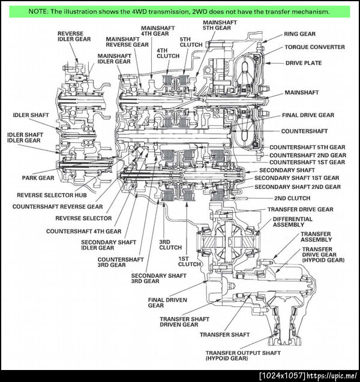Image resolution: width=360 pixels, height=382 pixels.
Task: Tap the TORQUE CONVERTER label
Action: (x=314, y=47)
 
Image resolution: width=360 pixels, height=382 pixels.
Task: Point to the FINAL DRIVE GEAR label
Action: (x=308, y=115)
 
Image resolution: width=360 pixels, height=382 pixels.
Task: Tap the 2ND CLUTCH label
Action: (x=292, y=198)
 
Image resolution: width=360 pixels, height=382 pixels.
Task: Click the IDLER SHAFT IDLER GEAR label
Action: (x=24, y=137)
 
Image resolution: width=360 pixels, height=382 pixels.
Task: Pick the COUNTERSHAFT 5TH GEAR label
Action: (x=307, y=147)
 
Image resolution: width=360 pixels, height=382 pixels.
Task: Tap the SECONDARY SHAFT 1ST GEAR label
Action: (x=296, y=178)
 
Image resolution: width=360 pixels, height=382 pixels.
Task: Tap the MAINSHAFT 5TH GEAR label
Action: (x=220, y=25)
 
